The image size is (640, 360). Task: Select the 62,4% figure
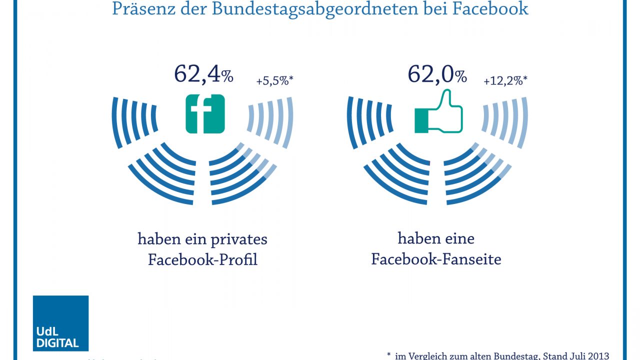[x=203, y=74]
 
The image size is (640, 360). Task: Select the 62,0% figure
[x=437, y=74]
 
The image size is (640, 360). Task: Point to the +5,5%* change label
[x=274, y=81]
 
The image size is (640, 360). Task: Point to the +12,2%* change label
[x=505, y=81]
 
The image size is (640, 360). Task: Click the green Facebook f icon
[x=205, y=114]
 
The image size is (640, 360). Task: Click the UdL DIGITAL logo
[x=60, y=323]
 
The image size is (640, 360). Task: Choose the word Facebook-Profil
[x=202, y=260]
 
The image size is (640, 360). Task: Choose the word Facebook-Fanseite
[x=436, y=259]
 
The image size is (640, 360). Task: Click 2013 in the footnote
[x=597, y=356]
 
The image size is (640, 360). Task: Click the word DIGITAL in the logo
[x=57, y=343]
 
